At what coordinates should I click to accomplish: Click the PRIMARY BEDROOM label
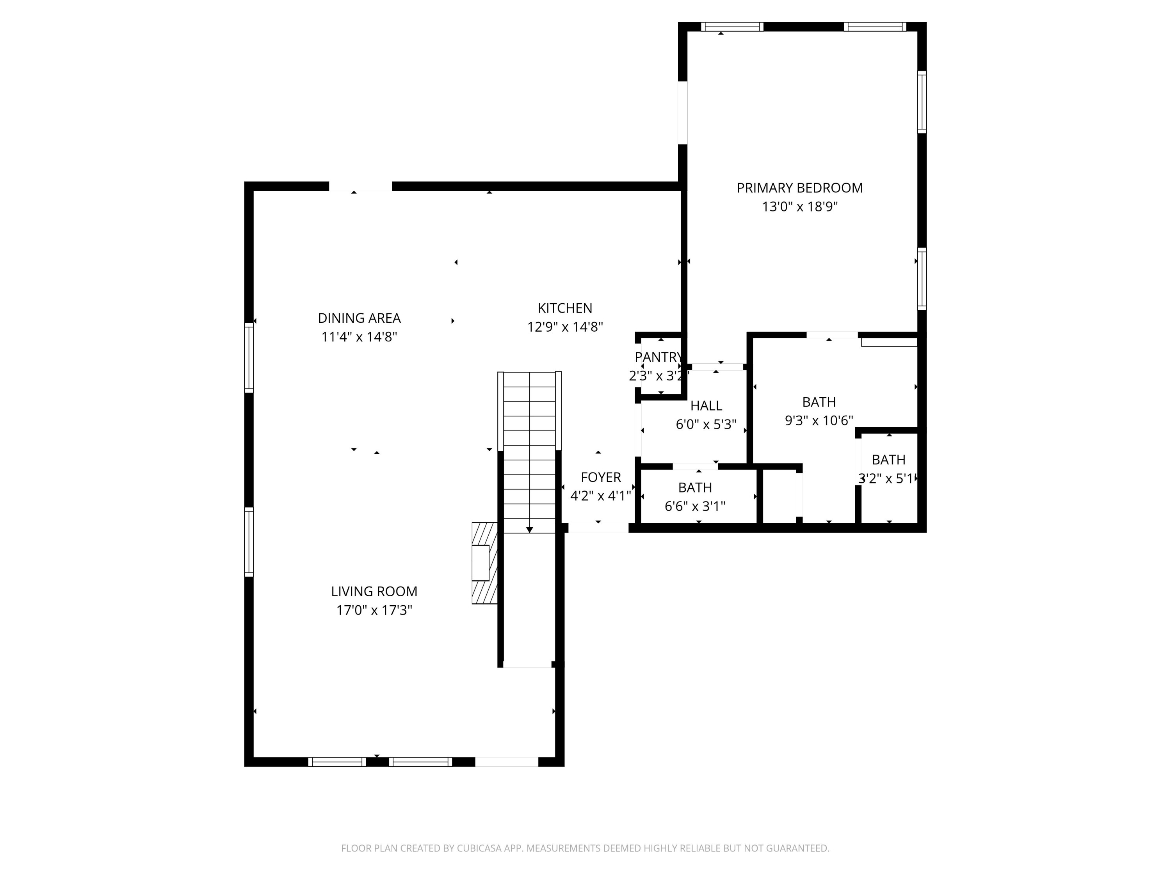point(799,188)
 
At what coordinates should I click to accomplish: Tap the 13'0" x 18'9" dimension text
point(799,207)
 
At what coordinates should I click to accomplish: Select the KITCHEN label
point(565,308)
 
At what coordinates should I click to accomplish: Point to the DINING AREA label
point(359,318)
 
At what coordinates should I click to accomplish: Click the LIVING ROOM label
point(374,591)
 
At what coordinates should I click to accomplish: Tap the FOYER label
point(600,477)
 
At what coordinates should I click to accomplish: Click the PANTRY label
point(658,357)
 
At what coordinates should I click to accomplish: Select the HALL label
point(706,406)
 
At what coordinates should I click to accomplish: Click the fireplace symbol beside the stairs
point(484,563)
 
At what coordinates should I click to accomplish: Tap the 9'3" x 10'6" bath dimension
point(819,421)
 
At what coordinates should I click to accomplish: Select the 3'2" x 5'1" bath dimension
point(887,479)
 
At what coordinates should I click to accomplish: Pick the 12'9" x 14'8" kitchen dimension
point(565,327)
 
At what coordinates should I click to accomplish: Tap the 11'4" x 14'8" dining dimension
point(359,337)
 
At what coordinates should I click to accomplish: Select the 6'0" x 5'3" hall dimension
point(706,425)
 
